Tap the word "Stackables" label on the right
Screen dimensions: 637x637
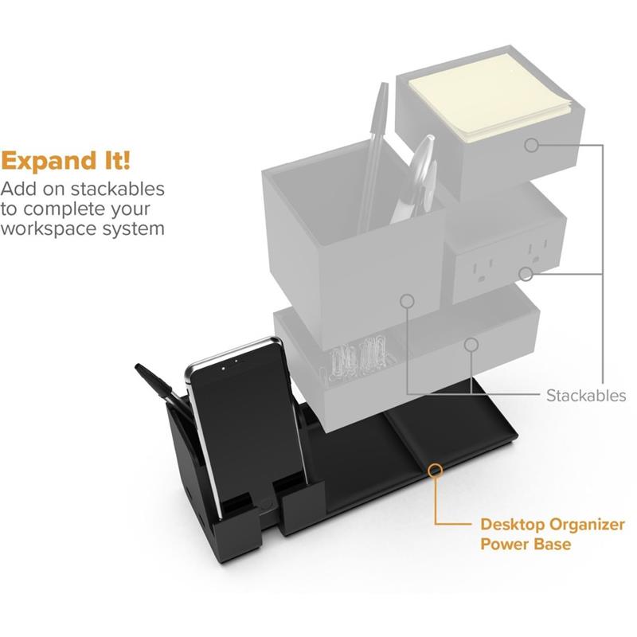[585, 395]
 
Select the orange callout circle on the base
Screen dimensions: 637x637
[435, 470]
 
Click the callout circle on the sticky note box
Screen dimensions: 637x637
[532, 146]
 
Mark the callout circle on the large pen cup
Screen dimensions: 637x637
[408, 302]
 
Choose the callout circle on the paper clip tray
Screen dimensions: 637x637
[471, 345]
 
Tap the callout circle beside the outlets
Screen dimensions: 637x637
[526, 275]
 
